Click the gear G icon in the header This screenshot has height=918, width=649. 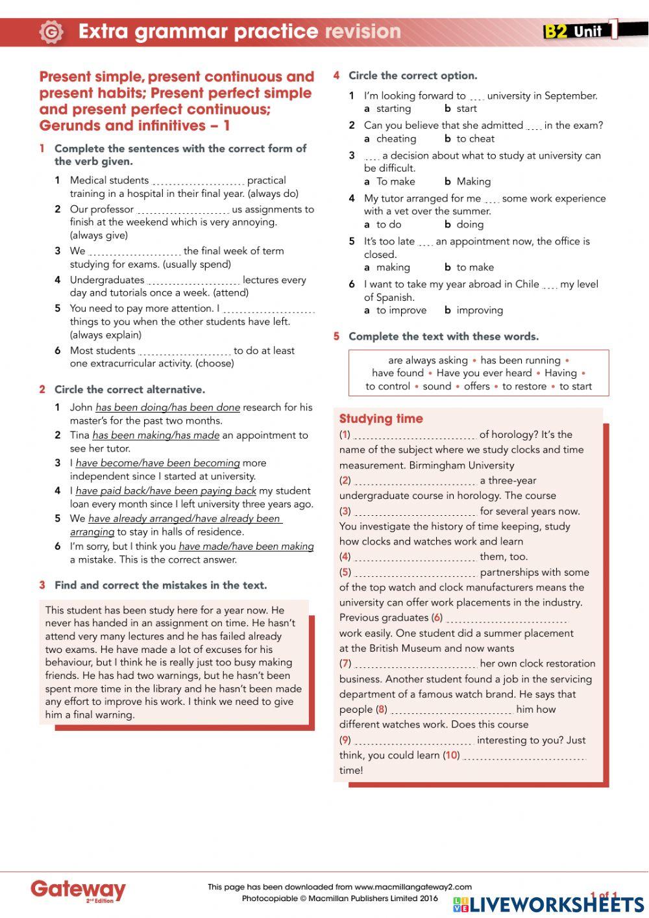point(51,32)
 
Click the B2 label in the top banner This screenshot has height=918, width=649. point(556,31)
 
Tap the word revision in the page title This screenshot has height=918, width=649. point(363,31)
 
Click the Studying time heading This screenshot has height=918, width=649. point(381,419)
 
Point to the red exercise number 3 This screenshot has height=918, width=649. point(42,585)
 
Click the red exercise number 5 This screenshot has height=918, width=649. point(336,337)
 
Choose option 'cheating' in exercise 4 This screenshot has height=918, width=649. point(396,138)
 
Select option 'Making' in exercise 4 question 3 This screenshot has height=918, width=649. point(473,181)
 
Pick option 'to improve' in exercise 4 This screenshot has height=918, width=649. point(401,310)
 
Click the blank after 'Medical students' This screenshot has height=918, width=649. point(198,181)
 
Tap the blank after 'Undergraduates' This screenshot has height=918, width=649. point(193,281)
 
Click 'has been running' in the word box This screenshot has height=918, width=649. point(520,360)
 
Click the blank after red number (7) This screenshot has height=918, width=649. point(415,665)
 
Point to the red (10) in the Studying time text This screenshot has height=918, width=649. point(451,755)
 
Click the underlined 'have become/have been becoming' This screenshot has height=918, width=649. point(158,463)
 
